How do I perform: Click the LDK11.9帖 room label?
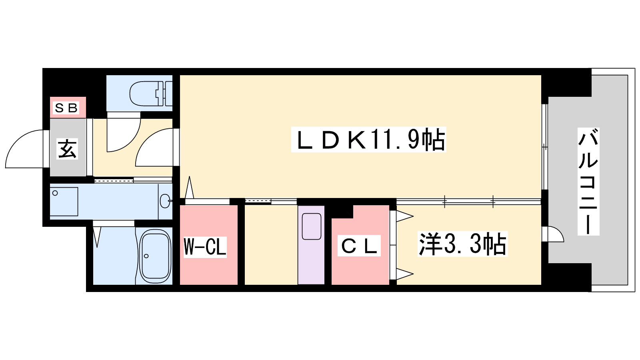point(368,140)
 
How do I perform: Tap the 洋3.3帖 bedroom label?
point(462,244)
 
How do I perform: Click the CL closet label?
point(359,246)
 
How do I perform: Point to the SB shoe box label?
point(66,108)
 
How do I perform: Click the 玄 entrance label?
point(67,149)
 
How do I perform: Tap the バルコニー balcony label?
point(588,181)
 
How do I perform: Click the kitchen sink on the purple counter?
point(311,226)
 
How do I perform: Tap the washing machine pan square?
point(64,202)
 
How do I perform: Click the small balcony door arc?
point(554,234)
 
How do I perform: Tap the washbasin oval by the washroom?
point(164,201)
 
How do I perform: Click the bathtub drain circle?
point(146,256)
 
